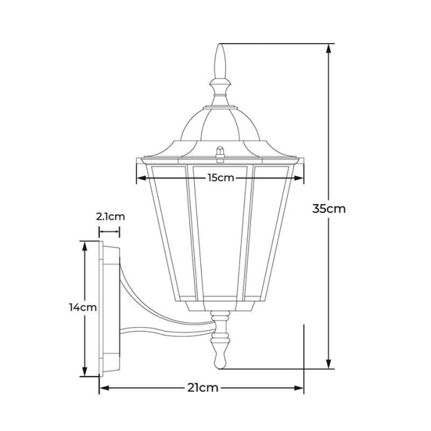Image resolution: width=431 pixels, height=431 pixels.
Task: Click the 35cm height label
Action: (329, 209)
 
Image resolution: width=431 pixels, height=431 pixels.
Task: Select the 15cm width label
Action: (221, 178)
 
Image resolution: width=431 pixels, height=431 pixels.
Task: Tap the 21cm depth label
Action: (203, 388)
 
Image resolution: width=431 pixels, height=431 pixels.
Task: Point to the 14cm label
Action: (83, 307)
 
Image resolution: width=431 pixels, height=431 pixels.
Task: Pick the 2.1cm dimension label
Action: (110, 217)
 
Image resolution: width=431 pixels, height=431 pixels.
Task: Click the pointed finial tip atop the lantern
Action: (220, 44)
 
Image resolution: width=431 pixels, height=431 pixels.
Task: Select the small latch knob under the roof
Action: (220, 154)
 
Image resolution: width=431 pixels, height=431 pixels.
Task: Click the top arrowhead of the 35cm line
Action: (328, 49)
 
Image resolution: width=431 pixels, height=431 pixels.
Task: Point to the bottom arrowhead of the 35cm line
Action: (328, 363)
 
